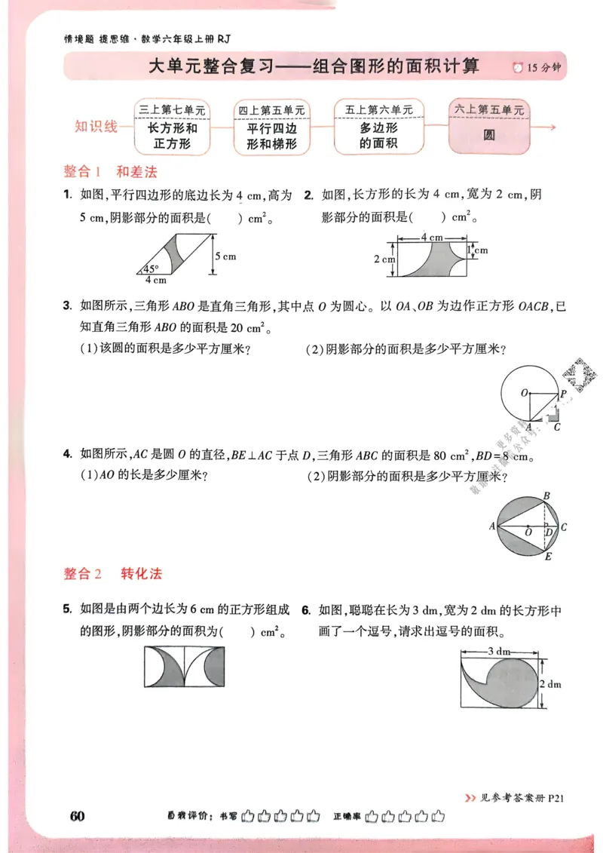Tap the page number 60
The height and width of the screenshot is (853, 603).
(76, 816)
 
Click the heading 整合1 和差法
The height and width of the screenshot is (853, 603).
(110, 170)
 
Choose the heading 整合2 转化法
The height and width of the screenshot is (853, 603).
(113, 574)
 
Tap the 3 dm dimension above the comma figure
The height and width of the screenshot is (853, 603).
(500, 650)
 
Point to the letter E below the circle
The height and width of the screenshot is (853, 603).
(548, 557)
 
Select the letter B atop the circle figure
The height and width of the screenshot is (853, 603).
(546, 495)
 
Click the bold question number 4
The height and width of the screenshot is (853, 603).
(68, 455)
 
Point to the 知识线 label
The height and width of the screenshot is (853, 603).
(96, 126)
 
